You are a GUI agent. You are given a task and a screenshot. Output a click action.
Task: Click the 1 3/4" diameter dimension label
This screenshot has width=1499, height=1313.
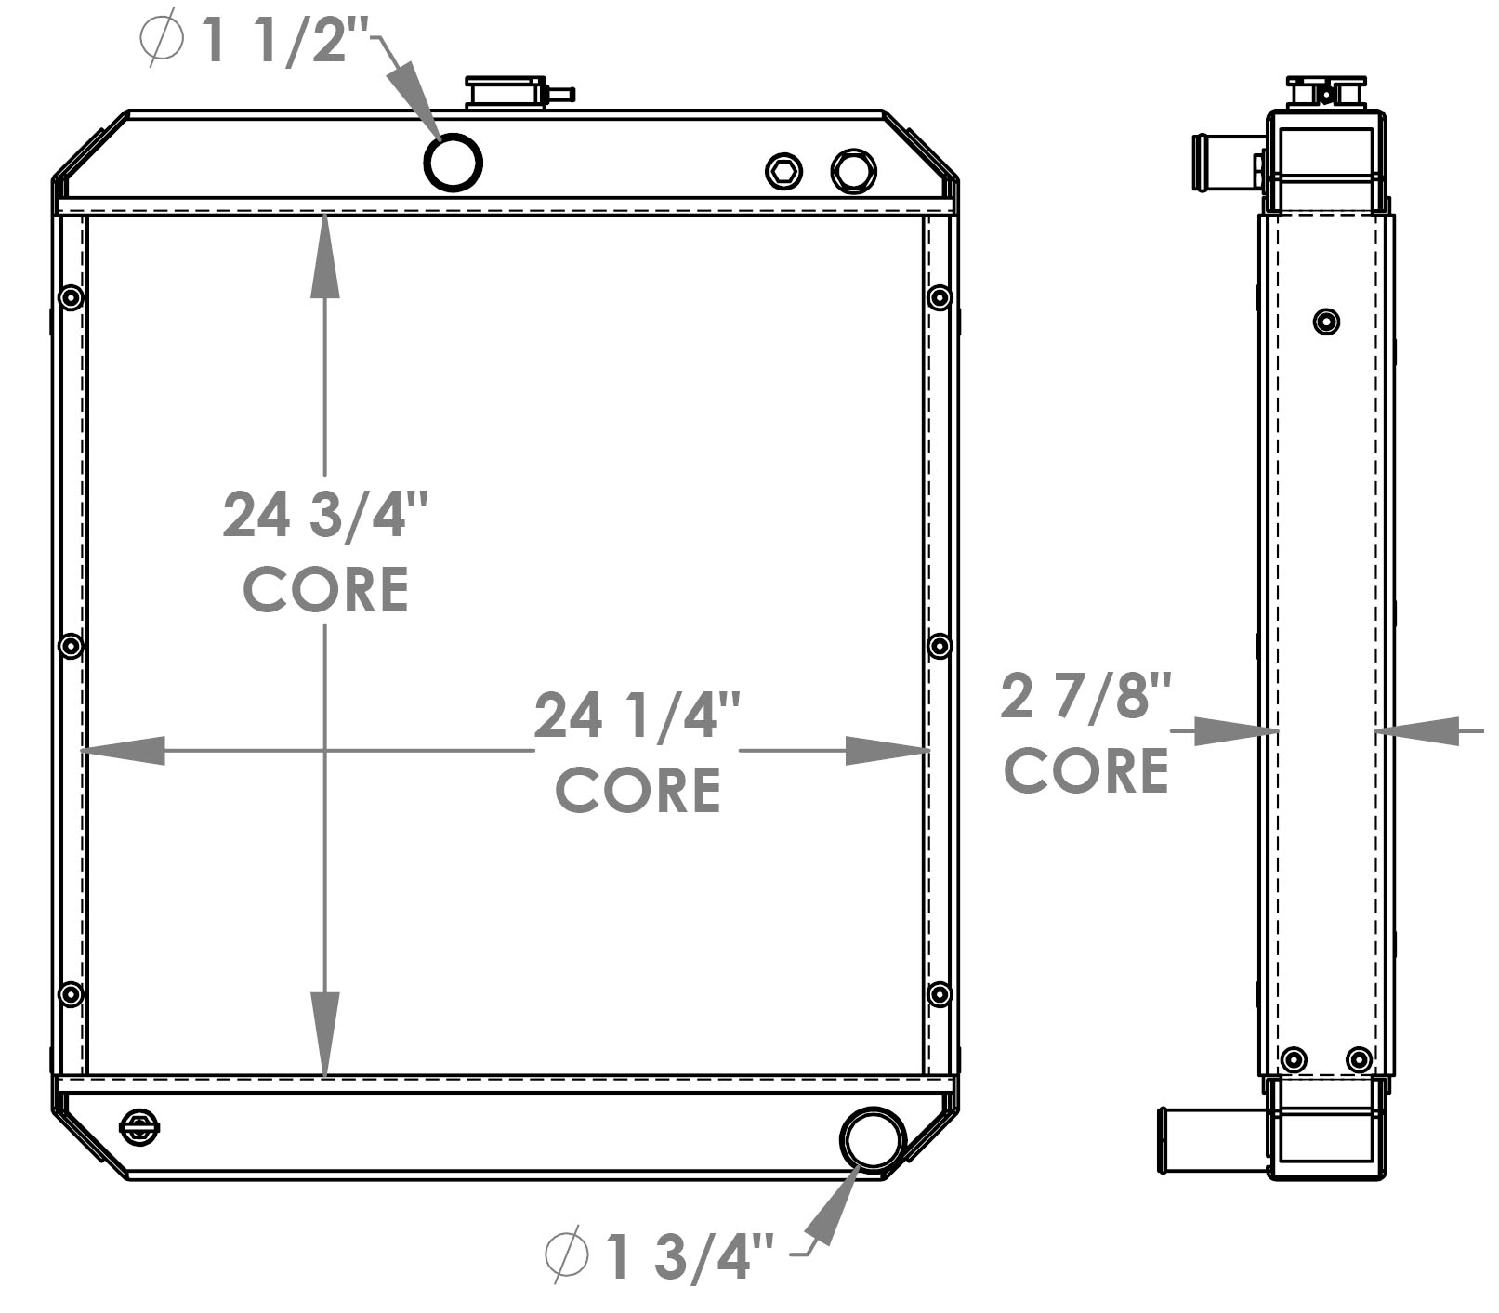[660, 1256]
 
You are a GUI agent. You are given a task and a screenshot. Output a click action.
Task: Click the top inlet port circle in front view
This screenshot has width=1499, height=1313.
[453, 163]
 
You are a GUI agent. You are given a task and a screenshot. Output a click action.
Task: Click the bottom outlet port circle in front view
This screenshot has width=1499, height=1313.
[872, 1137]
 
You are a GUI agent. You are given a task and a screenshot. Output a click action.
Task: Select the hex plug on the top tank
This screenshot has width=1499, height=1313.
[784, 171]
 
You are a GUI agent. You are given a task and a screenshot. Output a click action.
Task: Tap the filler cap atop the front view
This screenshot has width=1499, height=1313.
[506, 93]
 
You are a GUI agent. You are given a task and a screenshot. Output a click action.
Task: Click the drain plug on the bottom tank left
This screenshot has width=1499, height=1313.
[139, 1127]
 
